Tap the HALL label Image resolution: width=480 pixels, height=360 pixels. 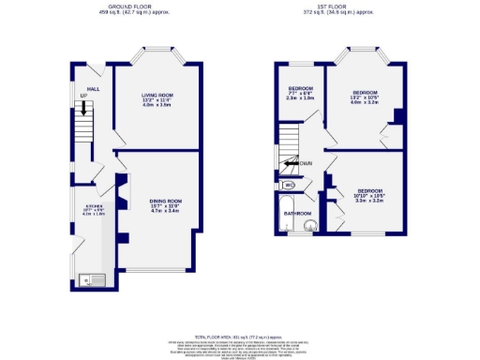point(94,64)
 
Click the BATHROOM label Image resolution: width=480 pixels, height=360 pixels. point(298,213)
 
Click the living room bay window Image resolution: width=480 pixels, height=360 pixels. point(156,60)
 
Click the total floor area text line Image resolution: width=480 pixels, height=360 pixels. point(240,335)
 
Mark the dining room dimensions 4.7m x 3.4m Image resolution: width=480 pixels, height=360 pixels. point(164,212)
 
